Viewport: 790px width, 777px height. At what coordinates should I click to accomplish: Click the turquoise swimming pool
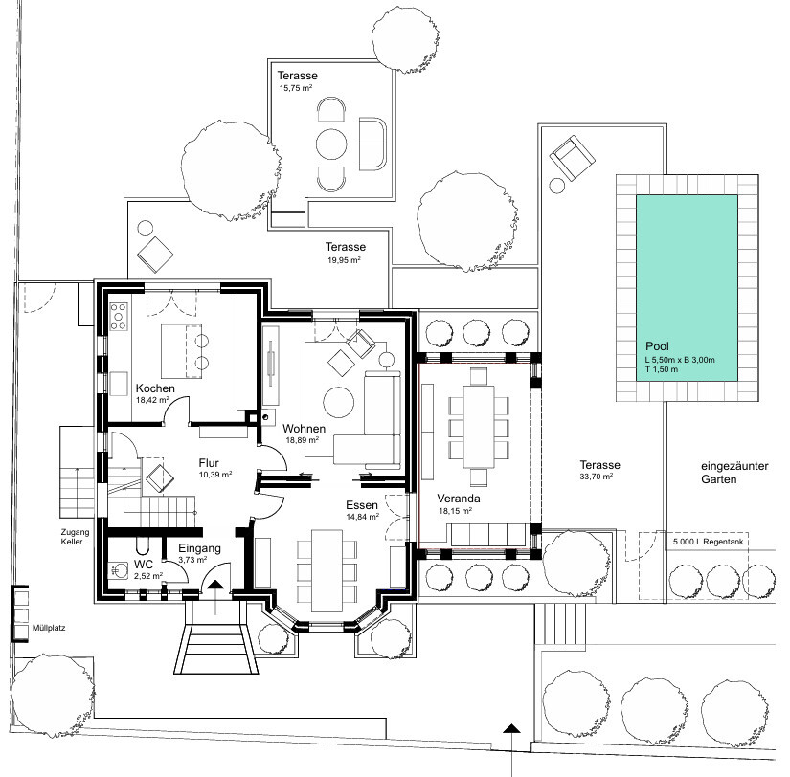pos(687,287)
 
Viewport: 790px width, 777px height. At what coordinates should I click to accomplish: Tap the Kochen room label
pos(155,388)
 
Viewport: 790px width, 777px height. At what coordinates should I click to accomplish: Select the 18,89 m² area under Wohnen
pos(303,439)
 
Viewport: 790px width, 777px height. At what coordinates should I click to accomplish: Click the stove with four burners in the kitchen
pos(119,316)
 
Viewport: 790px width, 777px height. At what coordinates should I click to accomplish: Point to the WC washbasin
pos(119,570)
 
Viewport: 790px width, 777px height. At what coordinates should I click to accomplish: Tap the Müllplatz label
pos(49,628)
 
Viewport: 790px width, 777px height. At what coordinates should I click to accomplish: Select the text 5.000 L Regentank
pos(708,542)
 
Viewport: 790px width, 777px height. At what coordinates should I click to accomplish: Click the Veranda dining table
pos(479,426)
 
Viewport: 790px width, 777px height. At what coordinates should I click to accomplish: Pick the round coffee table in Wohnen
pos(339,402)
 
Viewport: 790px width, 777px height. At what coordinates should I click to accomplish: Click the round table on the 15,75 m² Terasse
pos(331,144)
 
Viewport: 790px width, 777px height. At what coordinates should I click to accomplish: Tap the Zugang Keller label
pos(75,537)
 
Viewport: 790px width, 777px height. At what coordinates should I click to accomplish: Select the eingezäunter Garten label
pos(734,473)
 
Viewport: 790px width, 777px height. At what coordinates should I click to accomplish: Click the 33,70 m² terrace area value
pos(596,477)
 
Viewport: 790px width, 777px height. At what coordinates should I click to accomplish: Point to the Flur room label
pos(209,463)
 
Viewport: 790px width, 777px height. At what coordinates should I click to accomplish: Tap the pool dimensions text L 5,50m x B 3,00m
pos(680,360)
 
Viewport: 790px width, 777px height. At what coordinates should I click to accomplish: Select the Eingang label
pos(199,548)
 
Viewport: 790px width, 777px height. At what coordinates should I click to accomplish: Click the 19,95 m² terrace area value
pos(344,260)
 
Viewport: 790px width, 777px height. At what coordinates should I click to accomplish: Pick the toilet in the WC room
pos(143,546)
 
